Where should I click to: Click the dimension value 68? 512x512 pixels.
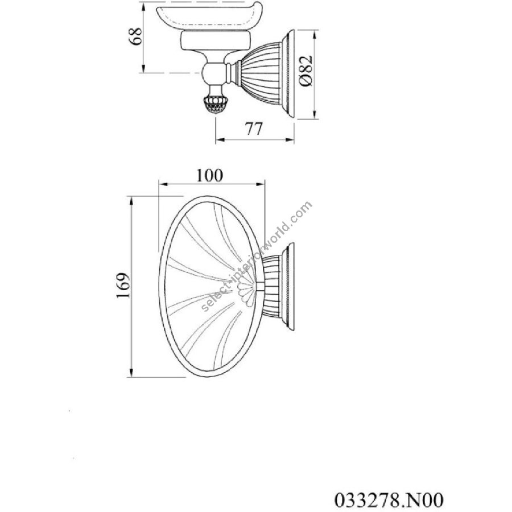(136, 36)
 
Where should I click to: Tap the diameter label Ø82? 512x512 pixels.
(305, 71)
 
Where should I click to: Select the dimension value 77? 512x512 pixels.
(254, 129)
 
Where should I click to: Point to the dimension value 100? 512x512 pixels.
(209, 175)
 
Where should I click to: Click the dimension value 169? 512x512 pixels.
(123, 285)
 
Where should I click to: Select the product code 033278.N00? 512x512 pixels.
(389, 499)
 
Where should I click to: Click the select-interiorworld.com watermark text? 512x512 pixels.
(257, 257)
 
